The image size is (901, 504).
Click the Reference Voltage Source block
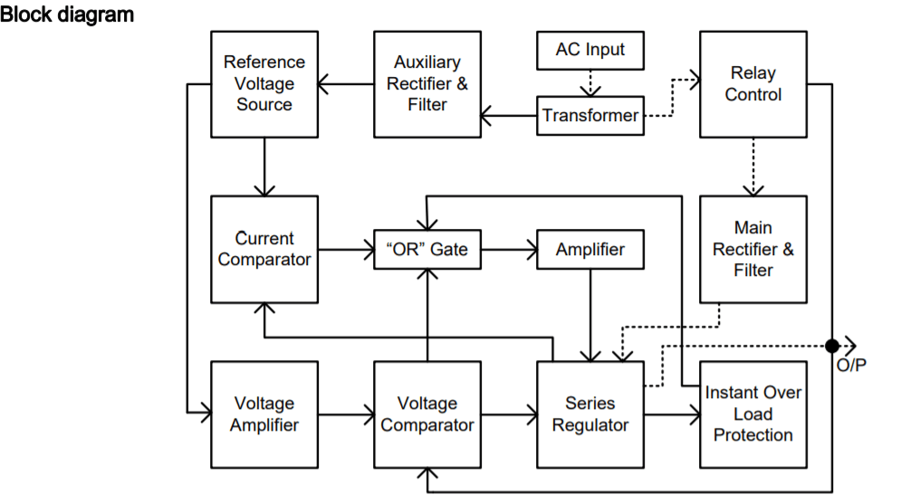coord(264,84)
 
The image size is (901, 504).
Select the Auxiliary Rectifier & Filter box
coord(427,84)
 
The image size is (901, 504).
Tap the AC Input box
coord(590,51)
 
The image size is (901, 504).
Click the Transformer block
coord(590,116)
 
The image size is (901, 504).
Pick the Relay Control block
coord(752,84)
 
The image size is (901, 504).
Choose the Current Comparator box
coord(264,249)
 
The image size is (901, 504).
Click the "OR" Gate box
coord(427,250)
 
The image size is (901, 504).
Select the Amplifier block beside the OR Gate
coord(590,250)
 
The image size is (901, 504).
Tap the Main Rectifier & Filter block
coord(752,249)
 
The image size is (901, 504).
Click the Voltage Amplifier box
coord(264,414)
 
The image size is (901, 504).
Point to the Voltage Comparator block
coord(427,414)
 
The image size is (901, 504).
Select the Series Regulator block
coord(590,414)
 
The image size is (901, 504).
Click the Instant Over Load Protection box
coord(752,414)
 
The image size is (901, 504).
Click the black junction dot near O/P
coord(831,345)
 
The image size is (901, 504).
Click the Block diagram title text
coord(67,14)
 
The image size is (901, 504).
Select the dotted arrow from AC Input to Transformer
coord(590,82)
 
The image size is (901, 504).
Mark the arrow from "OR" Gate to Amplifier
coord(509,250)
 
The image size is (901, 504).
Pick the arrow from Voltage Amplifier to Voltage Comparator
coord(346,415)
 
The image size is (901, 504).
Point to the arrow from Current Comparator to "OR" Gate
coord(346,250)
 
